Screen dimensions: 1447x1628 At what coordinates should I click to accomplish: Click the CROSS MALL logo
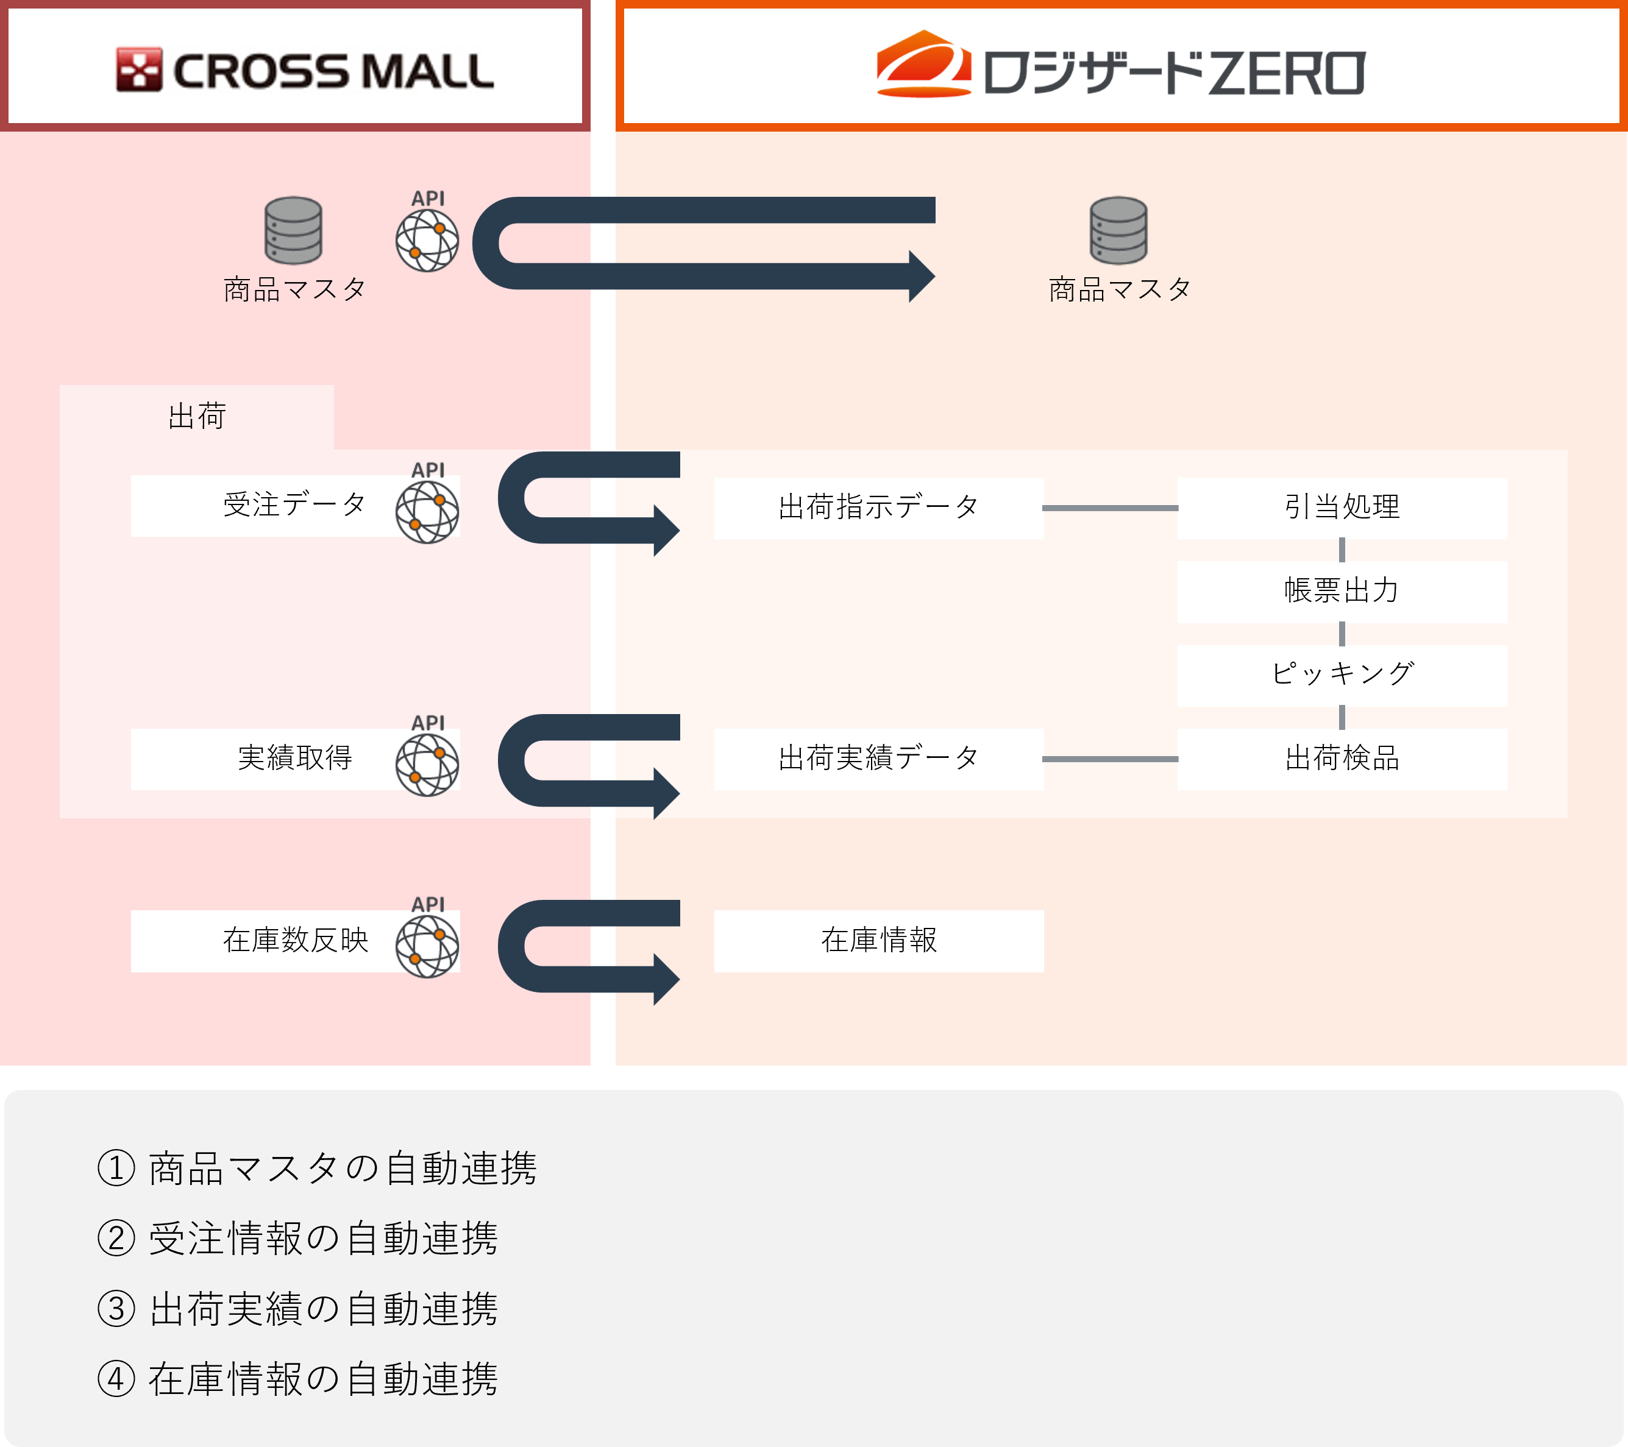[305, 70]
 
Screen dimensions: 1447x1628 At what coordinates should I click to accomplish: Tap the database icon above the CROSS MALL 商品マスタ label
[293, 230]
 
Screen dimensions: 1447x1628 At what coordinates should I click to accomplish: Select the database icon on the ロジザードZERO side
[1118, 230]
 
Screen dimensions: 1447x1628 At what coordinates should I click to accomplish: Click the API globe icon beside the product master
[427, 239]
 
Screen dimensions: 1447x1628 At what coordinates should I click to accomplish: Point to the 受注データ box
[294, 506]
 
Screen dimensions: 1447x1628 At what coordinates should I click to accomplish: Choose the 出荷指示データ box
[878, 508]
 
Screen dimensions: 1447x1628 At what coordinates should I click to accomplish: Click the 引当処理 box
[1342, 508]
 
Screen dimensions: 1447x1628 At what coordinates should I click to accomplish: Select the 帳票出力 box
[1342, 592]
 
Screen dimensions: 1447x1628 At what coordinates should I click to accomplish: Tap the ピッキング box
[1342, 675]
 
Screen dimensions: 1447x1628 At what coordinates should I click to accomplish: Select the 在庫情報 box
[878, 941]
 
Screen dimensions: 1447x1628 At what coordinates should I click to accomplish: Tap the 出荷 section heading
[197, 417]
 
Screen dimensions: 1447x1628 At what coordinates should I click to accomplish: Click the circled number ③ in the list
[116, 1309]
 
